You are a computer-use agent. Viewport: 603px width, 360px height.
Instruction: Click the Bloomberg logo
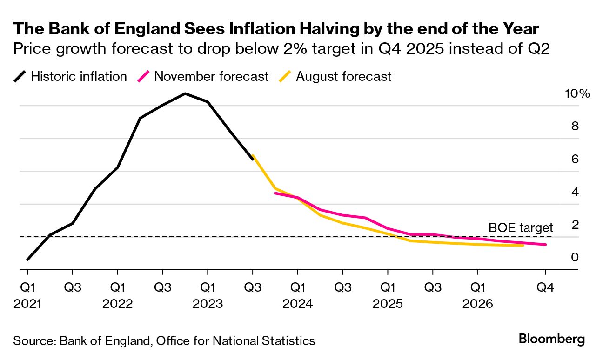(x=552, y=339)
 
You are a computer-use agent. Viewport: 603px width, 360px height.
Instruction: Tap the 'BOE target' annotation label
(x=521, y=227)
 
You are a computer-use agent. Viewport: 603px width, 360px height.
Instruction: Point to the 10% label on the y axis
(x=577, y=93)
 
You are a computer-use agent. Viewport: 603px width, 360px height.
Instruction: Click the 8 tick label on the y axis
(x=575, y=126)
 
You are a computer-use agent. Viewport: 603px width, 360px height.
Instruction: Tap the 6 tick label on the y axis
(x=575, y=159)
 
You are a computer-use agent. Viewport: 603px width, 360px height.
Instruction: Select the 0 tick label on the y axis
(x=575, y=257)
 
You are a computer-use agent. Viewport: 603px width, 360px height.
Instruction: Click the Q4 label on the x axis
(x=545, y=287)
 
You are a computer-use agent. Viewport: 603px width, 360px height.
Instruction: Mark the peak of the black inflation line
(x=185, y=93)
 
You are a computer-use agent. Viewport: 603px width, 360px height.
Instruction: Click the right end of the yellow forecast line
(x=523, y=245)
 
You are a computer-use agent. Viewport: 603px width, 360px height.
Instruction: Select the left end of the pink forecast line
(x=275, y=193)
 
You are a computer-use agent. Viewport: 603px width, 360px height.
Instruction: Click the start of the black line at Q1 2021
(x=27, y=260)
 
